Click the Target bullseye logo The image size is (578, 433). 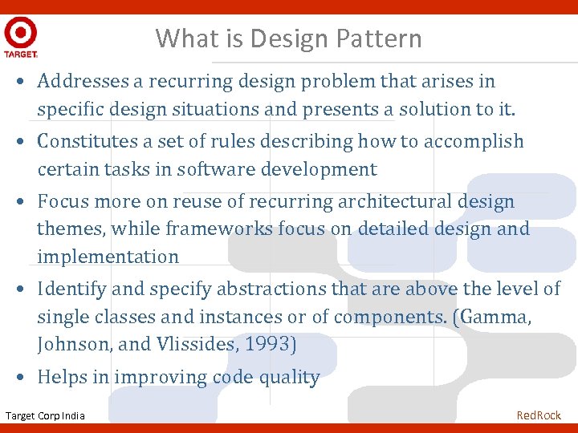pyautogui.click(x=20, y=33)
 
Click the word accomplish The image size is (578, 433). pyautogui.click(x=473, y=141)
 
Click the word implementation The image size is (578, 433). pyautogui.click(x=108, y=257)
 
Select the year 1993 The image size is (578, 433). pyautogui.click(x=271, y=345)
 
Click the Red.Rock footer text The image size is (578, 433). pyautogui.click(x=539, y=415)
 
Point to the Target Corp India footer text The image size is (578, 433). pyautogui.click(x=45, y=415)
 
